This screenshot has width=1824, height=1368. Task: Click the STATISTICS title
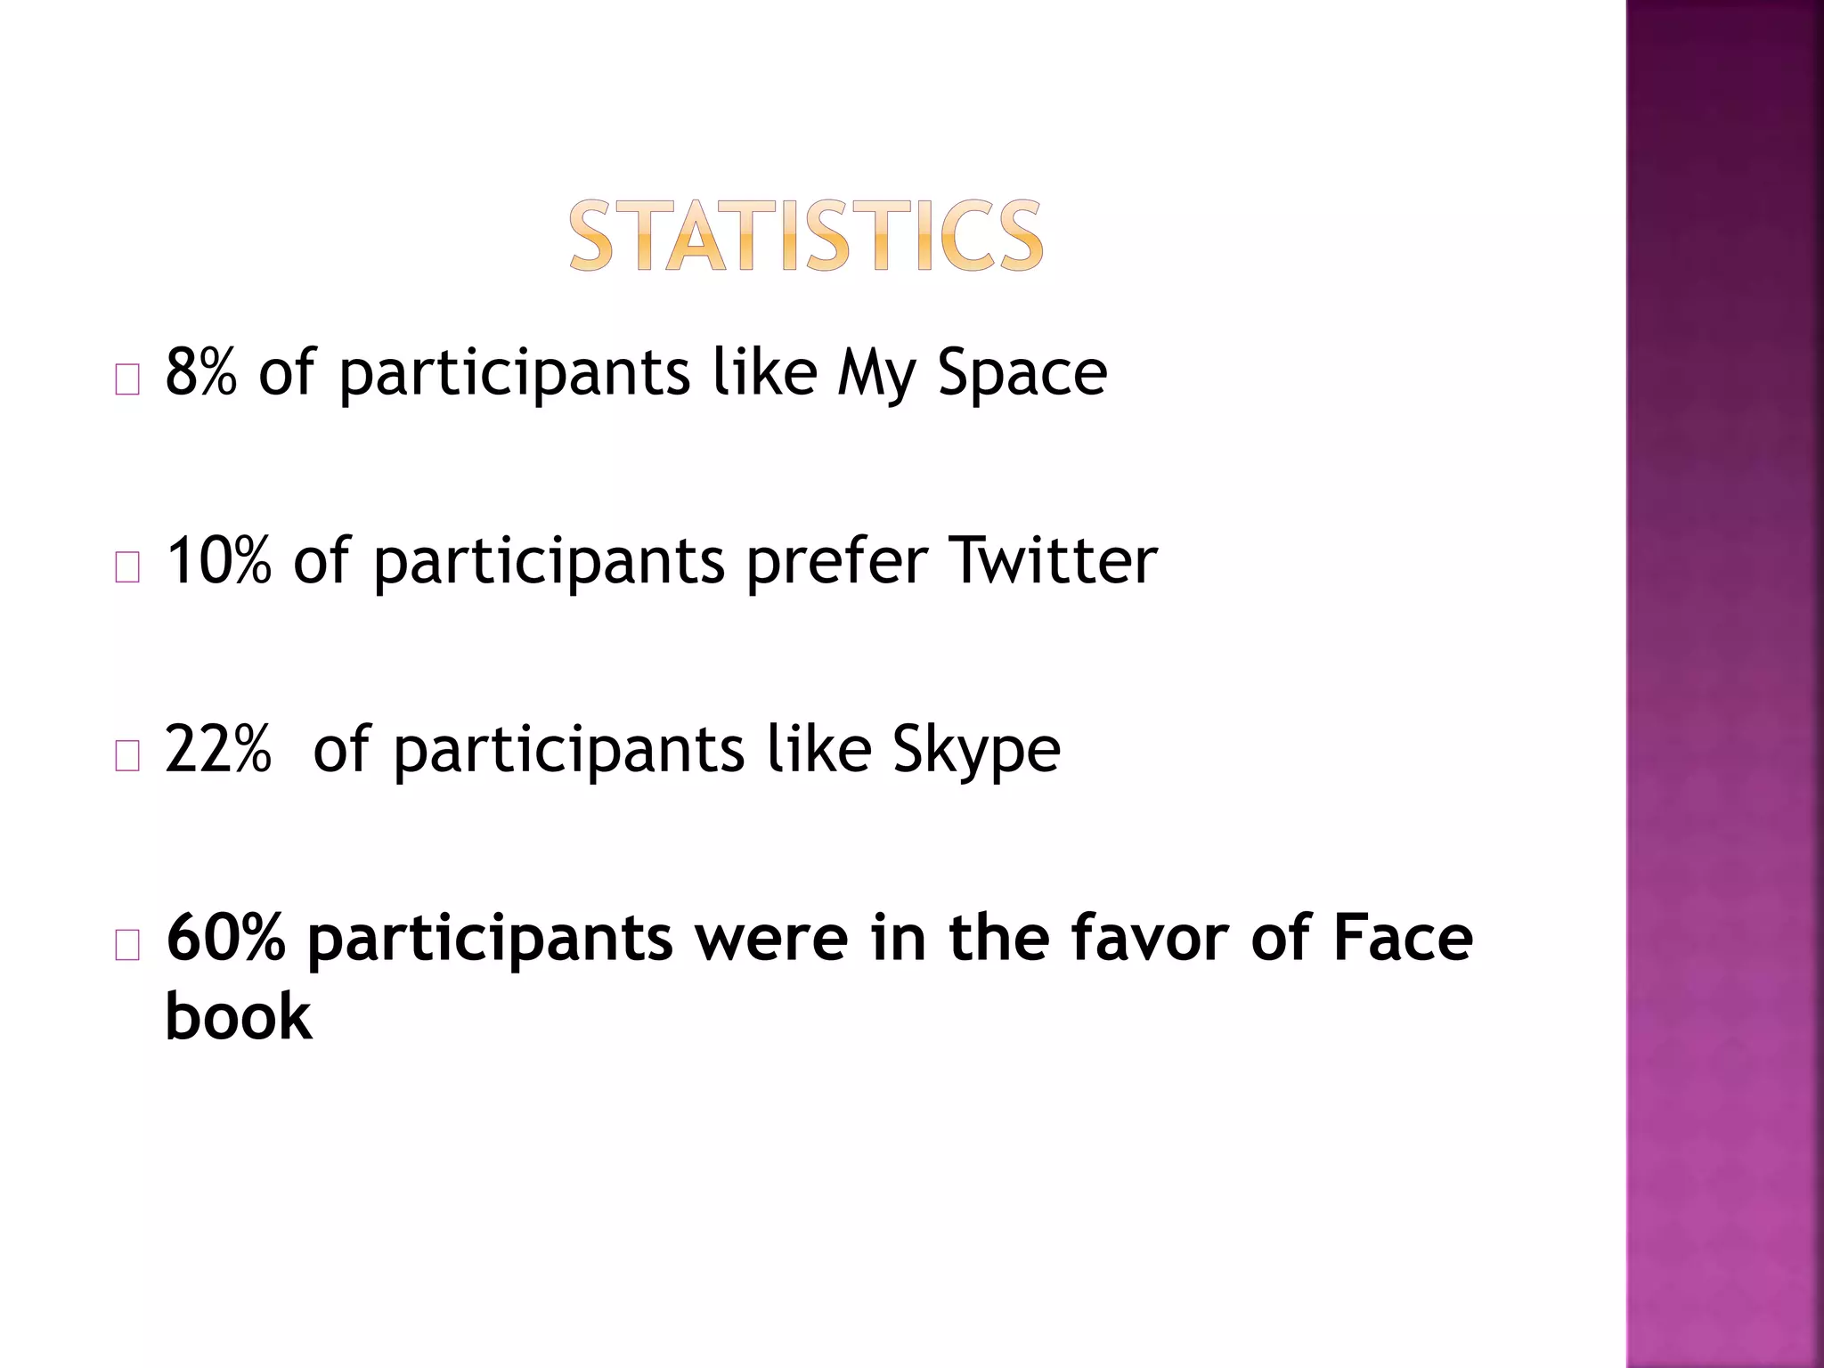click(806, 235)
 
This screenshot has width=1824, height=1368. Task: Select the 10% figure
click(219, 560)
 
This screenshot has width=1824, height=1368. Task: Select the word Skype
click(976, 751)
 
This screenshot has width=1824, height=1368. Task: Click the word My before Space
click(876, 374)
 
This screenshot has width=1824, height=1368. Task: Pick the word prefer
click(837, 562)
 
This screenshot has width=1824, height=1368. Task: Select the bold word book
click(239, 1016)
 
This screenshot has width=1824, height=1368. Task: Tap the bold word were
click(771, 940)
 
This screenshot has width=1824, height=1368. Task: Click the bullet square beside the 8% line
click(127, 380)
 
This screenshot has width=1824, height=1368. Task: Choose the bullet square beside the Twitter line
click(127, 568)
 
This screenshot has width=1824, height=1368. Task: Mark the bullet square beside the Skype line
click(127, 757)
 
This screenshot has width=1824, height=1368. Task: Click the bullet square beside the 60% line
click(127, 946)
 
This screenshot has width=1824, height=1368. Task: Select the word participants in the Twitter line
click(549, 562)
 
